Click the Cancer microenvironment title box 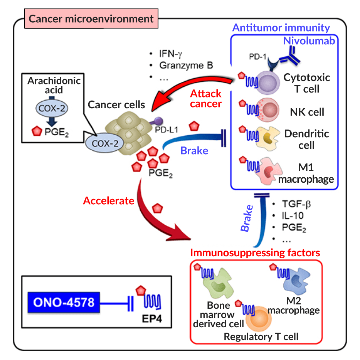91,19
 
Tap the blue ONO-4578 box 64,301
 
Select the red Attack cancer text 206,99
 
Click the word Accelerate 109,201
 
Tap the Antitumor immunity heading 281,28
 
